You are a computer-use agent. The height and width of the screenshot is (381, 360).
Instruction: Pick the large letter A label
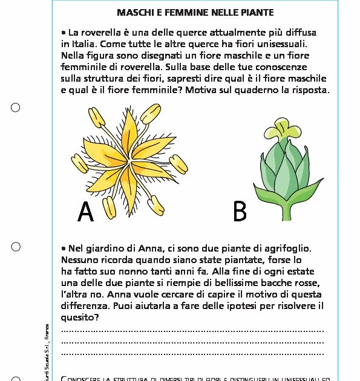(86, 211)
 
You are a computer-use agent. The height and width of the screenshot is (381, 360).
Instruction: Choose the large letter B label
(240, 211)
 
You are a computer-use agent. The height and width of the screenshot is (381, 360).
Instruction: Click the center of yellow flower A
(128, 158)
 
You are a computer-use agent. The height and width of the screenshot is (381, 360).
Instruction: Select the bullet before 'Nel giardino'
(64, 249)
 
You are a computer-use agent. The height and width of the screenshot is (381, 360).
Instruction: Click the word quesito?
(80, 317)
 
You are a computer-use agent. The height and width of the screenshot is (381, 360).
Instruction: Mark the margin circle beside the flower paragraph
(16, 108)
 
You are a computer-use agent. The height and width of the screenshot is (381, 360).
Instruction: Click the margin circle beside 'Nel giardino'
(16, 247)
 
